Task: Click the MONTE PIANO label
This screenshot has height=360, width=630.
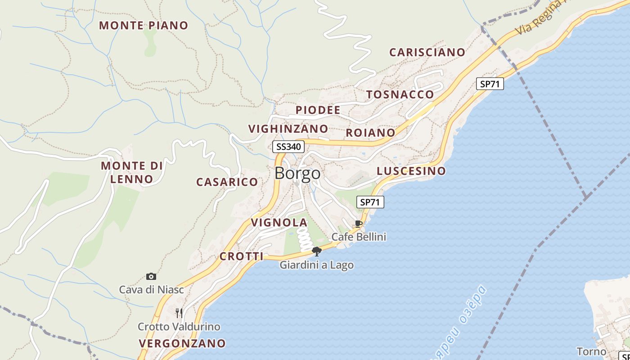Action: coord(144,26)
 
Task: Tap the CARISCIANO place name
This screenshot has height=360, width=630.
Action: coord(427,52)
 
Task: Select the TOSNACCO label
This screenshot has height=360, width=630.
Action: coord(400,94)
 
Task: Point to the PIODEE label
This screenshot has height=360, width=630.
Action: coord(318,110)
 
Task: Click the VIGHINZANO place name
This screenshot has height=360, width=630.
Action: coord(288,129)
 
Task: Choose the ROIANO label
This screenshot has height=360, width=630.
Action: coord(370,133)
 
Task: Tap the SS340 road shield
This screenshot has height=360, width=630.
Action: coord(288,147)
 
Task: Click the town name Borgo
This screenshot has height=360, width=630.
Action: coord(297,173)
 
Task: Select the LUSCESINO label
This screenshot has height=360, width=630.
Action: coord(411,171)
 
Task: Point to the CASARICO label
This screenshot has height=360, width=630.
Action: coord(227,182)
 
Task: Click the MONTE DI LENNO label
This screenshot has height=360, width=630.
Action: coord(132,172)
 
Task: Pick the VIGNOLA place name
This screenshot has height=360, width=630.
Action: coord(279,223)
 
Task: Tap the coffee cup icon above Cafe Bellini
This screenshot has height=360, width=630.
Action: coord(359,224)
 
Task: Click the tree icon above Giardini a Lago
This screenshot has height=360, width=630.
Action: coord(317,251)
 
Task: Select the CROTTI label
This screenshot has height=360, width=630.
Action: coord(241,256)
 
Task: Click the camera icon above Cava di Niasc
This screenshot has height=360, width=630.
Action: coord(151,276)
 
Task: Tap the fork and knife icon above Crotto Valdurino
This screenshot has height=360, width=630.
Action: coord(179,313)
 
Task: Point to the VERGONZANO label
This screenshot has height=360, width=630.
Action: coord(182,343)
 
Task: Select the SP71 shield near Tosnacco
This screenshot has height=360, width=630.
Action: coord(490,84)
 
